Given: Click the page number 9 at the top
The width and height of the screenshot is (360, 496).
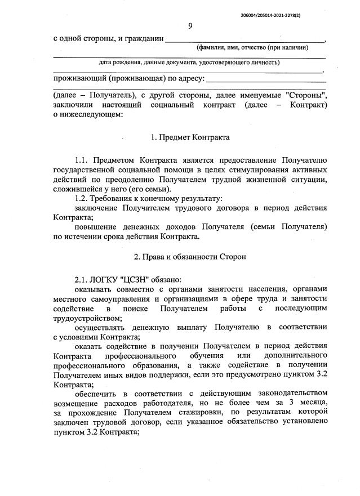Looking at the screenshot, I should [x=190, y=25].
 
